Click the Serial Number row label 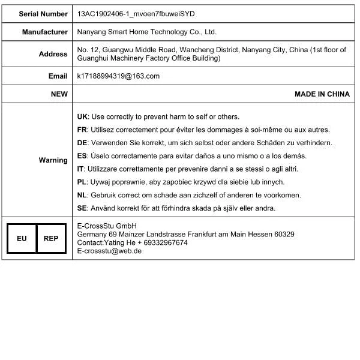43,13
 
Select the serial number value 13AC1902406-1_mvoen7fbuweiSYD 136,13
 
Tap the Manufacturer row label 45,32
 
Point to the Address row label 53,54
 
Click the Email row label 58,76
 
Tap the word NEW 59,94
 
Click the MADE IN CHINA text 322,94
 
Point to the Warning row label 53,160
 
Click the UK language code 82,116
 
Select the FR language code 82,130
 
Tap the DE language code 82,143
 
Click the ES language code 82,156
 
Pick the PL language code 82,182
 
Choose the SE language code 82,208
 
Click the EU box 22,239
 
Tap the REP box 51,239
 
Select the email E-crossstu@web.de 109,251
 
